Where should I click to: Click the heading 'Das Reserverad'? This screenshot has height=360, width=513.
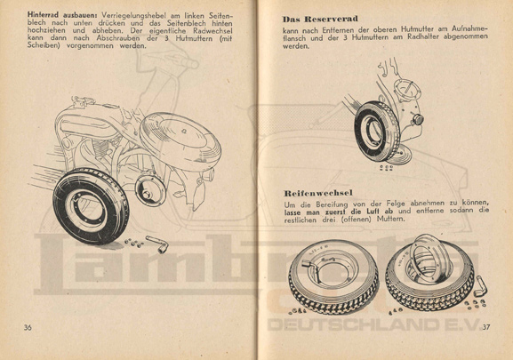[x=320, y=19]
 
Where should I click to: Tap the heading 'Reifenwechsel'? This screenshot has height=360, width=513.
[x=318, y=193]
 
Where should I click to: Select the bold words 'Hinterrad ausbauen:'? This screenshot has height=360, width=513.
[x=63, y=15]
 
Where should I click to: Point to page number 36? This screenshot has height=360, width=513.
[x=28, y=327]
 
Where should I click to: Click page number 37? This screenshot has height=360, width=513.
[x=486, y=326]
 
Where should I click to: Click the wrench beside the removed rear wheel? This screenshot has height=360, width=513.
[x=157, y=244]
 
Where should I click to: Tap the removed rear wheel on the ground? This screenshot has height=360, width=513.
[x=91, y=206]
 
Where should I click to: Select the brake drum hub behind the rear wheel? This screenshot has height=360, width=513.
[x=150, y=191]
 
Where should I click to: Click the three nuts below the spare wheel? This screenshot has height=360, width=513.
[x=386, y=168]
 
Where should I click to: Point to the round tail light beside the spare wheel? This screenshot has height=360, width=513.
[x=418, y=120]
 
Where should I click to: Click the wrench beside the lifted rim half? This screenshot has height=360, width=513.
[x=481, y=286]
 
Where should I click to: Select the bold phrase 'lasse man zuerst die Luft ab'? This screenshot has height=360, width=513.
[x=338, y=211]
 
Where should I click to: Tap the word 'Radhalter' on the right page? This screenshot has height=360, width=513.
[x=423, y=36]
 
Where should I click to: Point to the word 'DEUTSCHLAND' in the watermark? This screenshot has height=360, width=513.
[x=354, y=324]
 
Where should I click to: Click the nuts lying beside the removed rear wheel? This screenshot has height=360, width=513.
[x=134, y=243]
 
